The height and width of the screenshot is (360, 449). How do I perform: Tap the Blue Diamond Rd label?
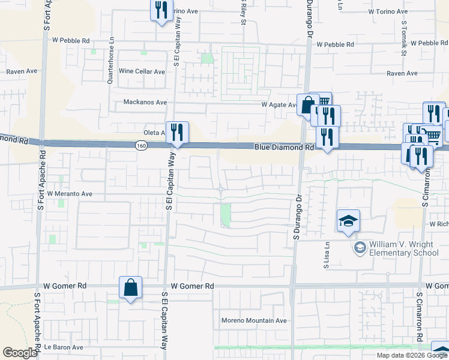pyautogui.click(x=284, y=146)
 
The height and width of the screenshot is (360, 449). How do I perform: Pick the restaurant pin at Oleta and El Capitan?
pyautogui.click(x=177, y=133)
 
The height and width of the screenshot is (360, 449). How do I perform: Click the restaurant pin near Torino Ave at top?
pyautogui.click(x=161, y=11)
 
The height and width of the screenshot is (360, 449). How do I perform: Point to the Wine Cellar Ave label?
pyautogui.click(x=142, y=71)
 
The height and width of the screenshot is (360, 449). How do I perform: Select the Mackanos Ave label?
pyautogui.click(x=145, y=102)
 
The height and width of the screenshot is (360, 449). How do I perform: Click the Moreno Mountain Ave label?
pyautogui.click(x=255, y=320)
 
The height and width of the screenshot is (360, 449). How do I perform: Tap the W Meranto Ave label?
pyautogui.click(x=70, y=194)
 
